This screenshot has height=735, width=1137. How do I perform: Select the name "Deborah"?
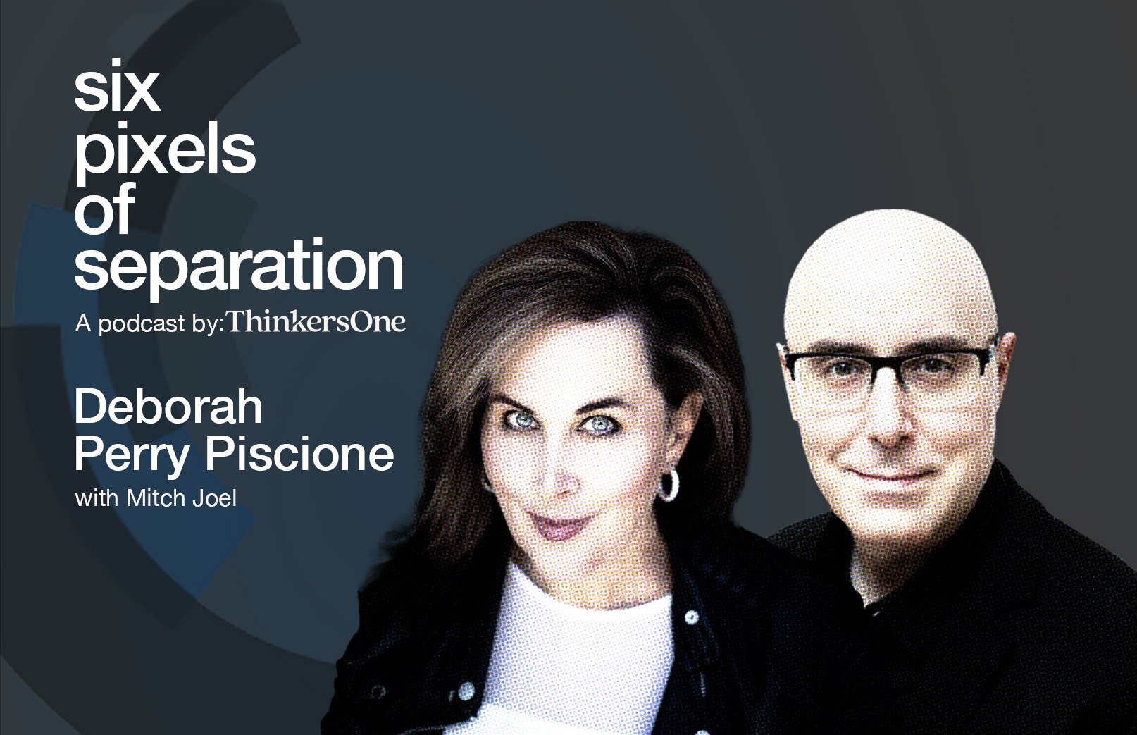coord(168,407)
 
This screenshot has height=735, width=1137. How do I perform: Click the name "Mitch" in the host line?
coord(155,498)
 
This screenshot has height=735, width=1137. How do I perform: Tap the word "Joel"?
coord(215,498)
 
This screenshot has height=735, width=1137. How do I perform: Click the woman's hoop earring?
coord(669,485)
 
